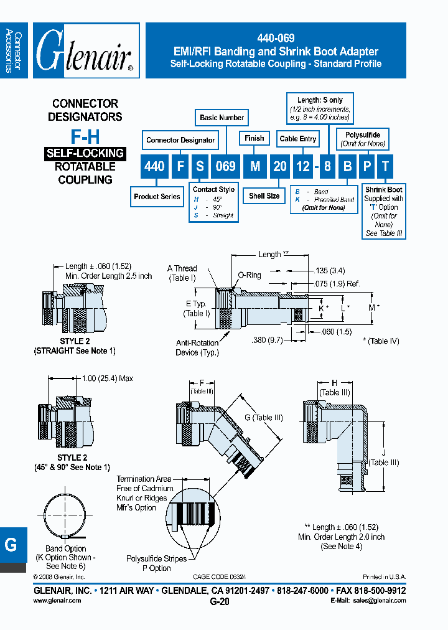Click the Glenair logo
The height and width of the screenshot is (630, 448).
(x=86, y=51)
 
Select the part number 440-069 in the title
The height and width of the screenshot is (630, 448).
(x=275, y=37)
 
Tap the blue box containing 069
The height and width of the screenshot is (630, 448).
(x=225, y=166)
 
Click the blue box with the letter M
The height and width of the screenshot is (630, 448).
(x=254, y=166)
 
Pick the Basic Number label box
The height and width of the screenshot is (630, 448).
(x=222, y=117)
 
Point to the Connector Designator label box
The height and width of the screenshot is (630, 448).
(x=180, y=140)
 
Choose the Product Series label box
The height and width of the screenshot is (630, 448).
(x=157, y=197)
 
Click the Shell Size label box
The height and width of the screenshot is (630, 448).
(x=264, y=196)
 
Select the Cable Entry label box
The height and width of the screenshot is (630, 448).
(x=297, y=139)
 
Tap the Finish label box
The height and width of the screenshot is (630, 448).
(x=254, y=138)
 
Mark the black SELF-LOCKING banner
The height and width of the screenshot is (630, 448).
(x=85, y=153)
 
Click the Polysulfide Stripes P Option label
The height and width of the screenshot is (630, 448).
(x=156, y=563)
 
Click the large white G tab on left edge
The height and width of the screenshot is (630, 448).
(x=11, y=545)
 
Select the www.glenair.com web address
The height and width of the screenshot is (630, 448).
(x=57, y=601)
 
